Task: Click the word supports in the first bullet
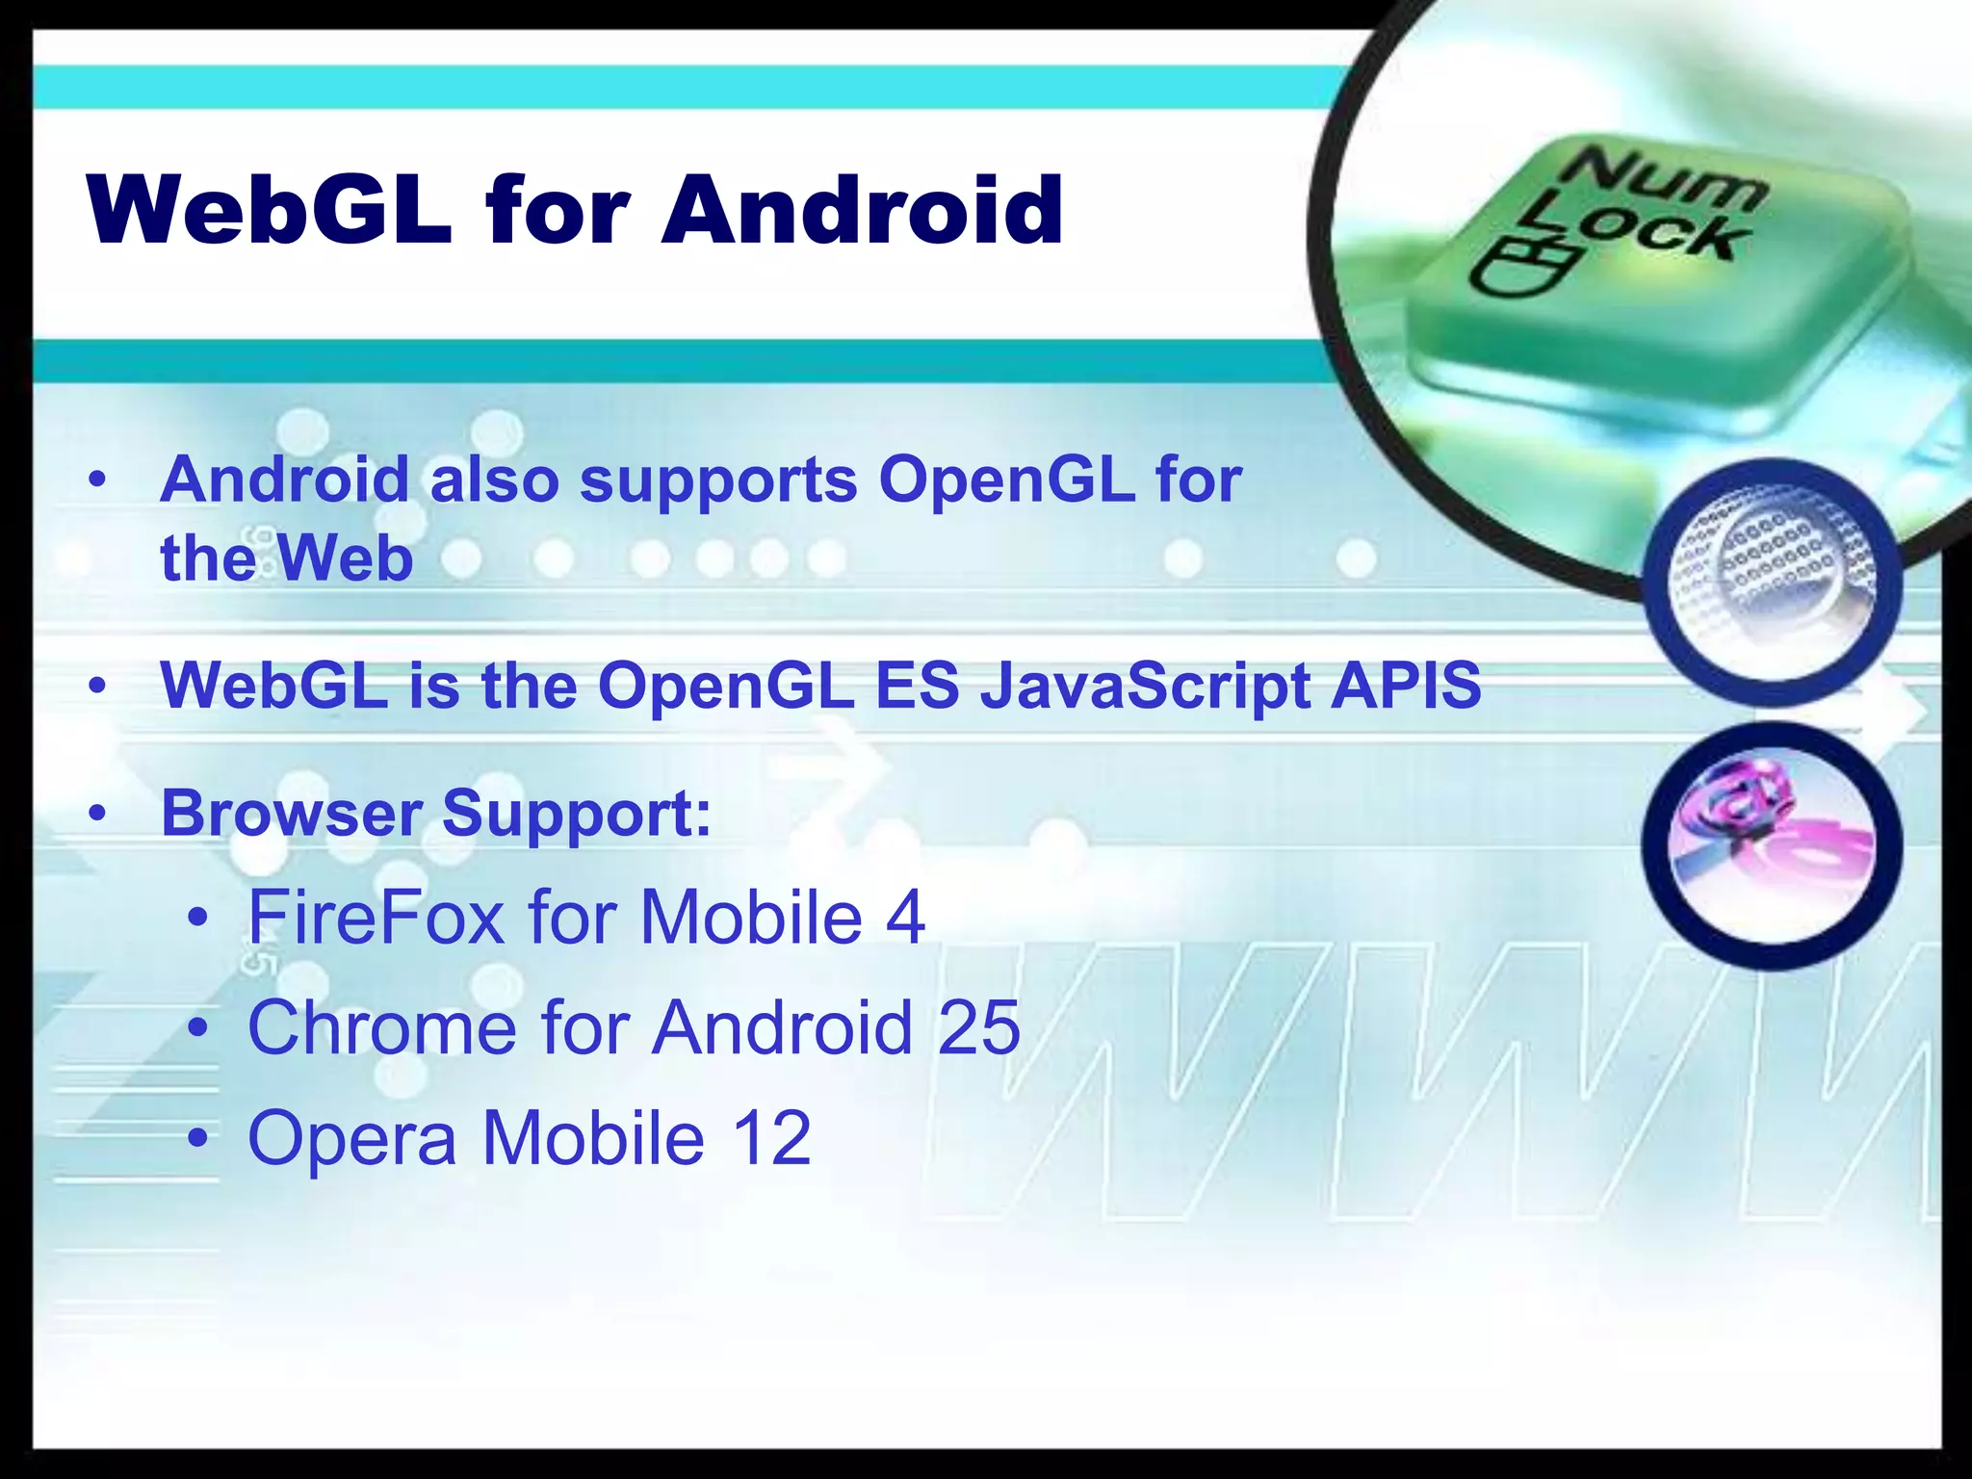718,481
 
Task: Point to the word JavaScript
1145,687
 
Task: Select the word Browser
292,814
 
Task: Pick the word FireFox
376,917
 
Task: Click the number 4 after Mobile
905,917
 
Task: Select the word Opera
351,1139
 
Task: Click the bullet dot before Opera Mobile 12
198,1139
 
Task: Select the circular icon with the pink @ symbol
1773,845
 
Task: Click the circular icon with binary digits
1773,583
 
